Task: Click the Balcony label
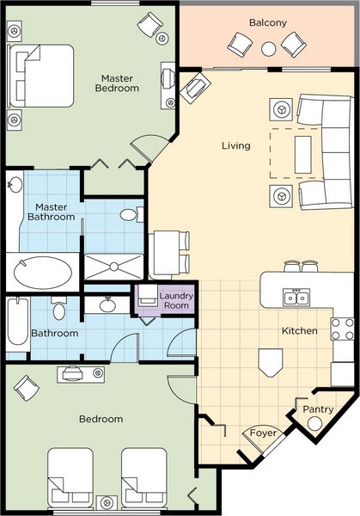click(267, 22)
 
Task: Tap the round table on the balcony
click(269, 49)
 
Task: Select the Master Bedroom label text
click(117, 83)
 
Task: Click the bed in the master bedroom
click(40, 76)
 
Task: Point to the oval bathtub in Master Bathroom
click(42, 273)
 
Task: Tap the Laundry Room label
click(176, 300)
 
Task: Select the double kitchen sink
click(296, 298)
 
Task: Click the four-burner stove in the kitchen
click(343, 329)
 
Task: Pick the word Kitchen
click(300, 331)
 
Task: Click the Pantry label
click(318, 409)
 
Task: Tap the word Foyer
click(263, 433)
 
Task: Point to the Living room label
click(236, 145)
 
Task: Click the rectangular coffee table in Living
click(303, 155)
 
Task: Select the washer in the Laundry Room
click(146, 295)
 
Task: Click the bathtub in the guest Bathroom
click(18, 322)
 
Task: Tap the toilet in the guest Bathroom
click(59, 308)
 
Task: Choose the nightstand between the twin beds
click(107, 502)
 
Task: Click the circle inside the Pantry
click(314, 424)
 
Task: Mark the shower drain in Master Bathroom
click(113, 267)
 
